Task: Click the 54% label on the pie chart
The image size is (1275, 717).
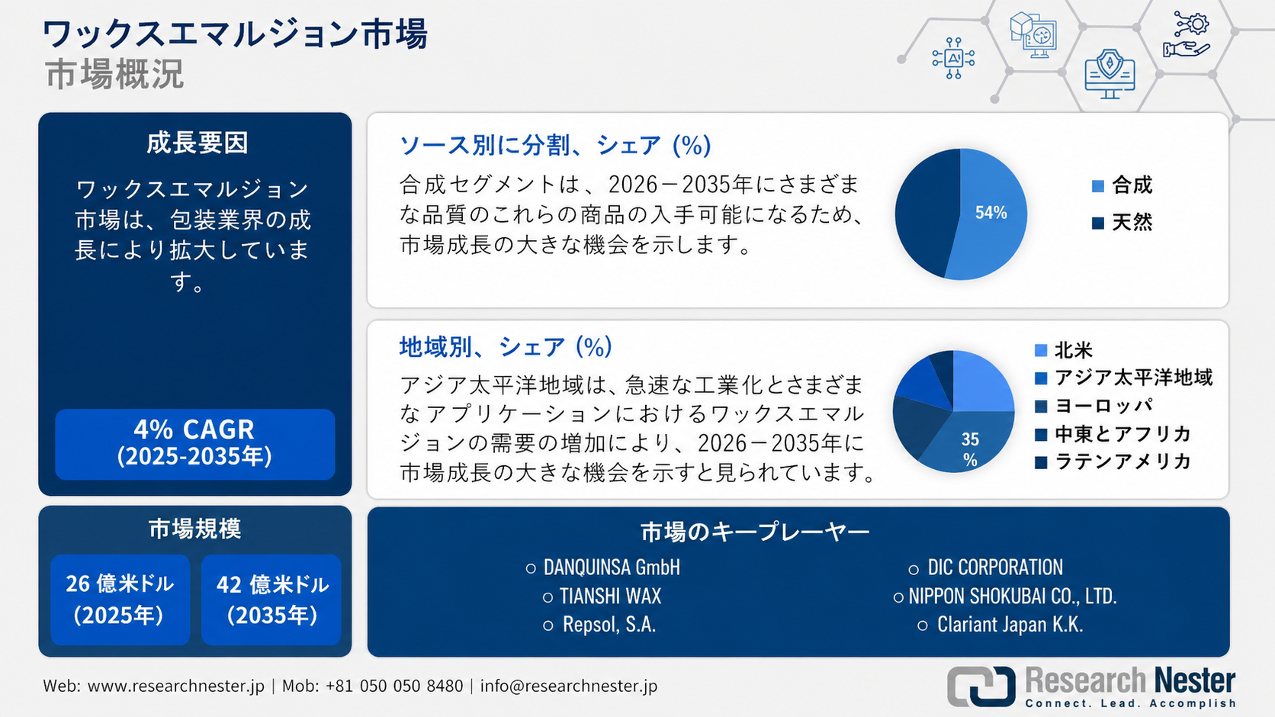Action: pyautogui.click(x=991, y=213)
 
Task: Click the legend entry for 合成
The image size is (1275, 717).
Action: pyautogui.click(x=1122, y=185)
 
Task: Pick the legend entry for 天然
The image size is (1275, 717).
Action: pyautogui.click(x=1122, y=222)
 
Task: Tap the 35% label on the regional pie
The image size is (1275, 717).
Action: pyautogui.click(x=970, y=449)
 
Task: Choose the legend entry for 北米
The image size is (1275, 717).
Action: pyautogui.click(x=1063, y=350)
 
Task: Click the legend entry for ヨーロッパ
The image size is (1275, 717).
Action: pyautogui.click(x=1094, y=406)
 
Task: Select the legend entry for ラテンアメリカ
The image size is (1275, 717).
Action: pyautogui.click(x=1113, y=461)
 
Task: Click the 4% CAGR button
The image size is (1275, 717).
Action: pyautogui.click(x=194, y=444)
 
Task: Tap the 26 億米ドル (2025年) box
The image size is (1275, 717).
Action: pyautogui.click(x=120, y=600)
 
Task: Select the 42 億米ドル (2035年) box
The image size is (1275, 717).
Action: pyautogui.click(x=271, y=600)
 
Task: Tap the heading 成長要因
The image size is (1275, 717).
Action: pyautogui.click(x=197, y=143)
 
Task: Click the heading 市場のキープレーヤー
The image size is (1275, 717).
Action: pyautogui.click(x=755, y=532)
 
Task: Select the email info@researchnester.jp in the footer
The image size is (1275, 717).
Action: pyautogui.click(x=568, y=686)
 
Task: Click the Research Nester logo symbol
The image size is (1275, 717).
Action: pyautogui.click(x=981, y=686)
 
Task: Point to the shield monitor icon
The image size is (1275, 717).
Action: pyautogui.click(x=1110, y=74)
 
